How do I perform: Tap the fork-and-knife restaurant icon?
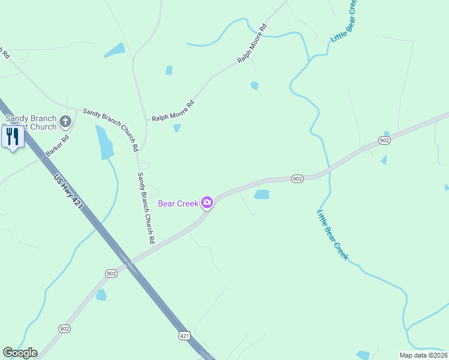[13, 137]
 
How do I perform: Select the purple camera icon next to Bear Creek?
[207, 203]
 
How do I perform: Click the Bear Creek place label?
[178, 203]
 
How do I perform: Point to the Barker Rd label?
[58, 147]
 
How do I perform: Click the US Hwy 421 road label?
[67, 192]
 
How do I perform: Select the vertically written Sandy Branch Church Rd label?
[146, 208]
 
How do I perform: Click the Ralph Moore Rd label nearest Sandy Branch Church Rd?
[173, 110]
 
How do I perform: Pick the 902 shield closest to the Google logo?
[65, 328]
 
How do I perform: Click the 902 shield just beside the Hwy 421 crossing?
[110, 274]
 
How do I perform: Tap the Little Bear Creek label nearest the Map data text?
[333, 234]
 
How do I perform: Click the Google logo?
[20, 353]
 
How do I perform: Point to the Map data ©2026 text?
[423, 355]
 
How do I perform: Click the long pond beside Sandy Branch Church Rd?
[104, 142]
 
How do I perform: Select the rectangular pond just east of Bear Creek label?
[261, 194]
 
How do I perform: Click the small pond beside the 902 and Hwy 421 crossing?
[101, 295]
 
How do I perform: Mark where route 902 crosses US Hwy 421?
[128, 264]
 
